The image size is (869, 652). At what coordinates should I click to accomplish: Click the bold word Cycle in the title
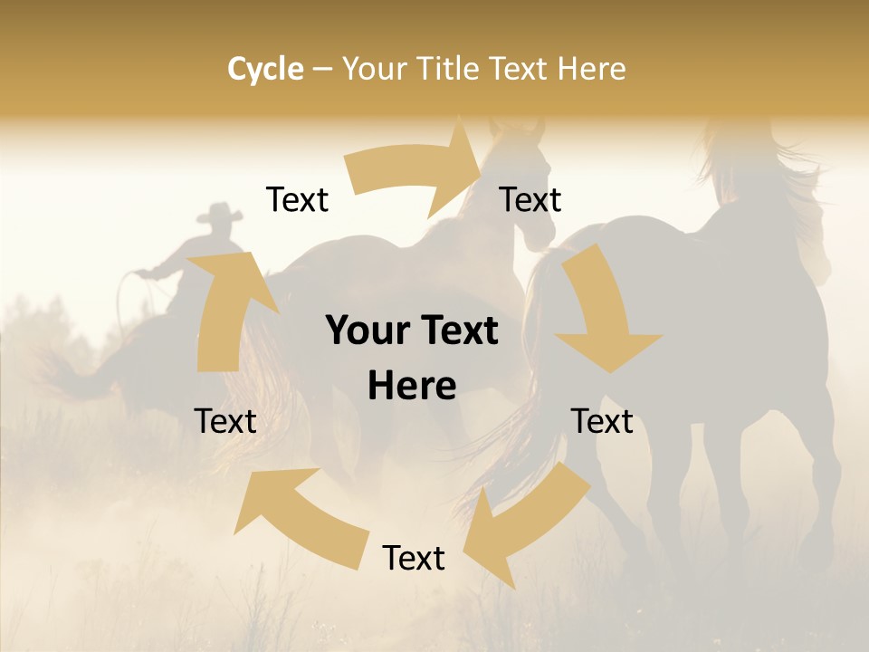coord(265,69)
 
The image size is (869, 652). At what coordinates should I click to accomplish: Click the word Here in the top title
coord(591,69)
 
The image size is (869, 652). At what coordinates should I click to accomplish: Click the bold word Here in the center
coord(412,386)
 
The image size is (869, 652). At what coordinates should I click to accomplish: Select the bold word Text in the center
coord(456,331)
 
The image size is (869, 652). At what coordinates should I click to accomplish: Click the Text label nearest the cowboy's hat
coord(297,199)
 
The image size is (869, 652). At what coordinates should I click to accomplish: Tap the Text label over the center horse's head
coord(530,199)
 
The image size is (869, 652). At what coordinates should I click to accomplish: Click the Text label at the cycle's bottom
coord(414,558)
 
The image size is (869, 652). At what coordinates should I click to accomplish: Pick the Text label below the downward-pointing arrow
coord(602,421)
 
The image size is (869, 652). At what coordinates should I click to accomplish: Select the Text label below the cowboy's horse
coord(225,421)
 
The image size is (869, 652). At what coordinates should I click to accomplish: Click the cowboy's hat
coord(220,215)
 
